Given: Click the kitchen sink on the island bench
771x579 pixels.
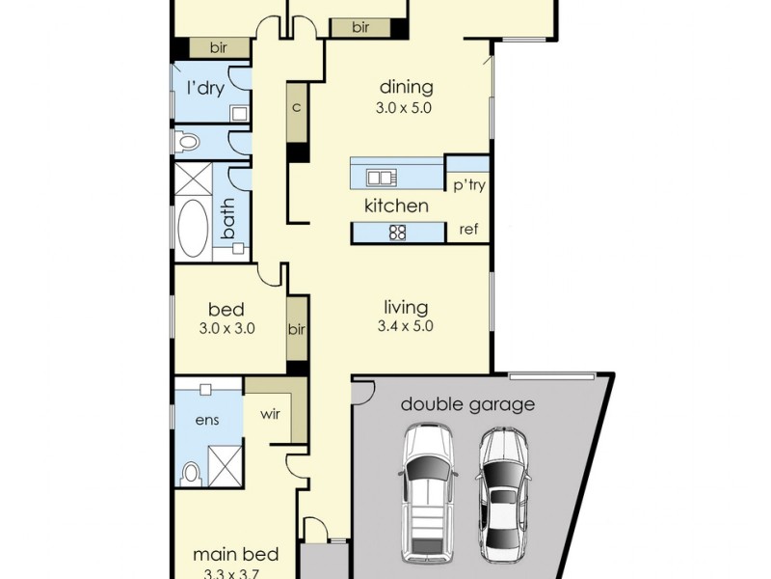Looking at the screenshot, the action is pyautogui.click(x=382, y=178).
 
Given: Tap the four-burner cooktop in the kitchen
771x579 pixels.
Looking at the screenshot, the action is pyautogui.click(x=397, y=233).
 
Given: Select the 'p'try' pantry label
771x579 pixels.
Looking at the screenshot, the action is pyautogui.click(x=469, y=185).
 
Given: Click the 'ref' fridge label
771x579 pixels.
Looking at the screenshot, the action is pyautogui.click(x=468, y=229).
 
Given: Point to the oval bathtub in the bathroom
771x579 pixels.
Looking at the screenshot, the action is pyautogui.click(x=193, y=229).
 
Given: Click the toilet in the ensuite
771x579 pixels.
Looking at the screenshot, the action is pyautogui.click(x=190, y=473).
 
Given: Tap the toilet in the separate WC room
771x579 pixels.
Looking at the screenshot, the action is pyautogui.click(x=187, y=142).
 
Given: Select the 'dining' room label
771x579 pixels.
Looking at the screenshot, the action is pyautogui.click(x=407, y=87).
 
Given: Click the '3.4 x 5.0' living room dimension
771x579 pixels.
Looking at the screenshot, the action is pyautogui.click(x=405, y=326).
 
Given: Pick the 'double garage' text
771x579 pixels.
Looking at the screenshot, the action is pyautogui.click(x=467, y=404).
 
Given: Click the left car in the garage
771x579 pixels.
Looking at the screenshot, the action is pyautogui.click(x=428, y=494).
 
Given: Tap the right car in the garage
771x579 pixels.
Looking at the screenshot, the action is pyautogui.click(x=503, y=494).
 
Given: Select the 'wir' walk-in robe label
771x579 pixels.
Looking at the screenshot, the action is pyautogui.click(x=271, y=414).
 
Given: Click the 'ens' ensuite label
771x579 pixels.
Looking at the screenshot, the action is pyautogui.click(x=207, y=420).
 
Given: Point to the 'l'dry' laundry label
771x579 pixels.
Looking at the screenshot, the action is pyautogui.click(x=206, y=88).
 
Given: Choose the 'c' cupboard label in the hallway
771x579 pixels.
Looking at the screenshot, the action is pyautogui.click(x=296, y=107).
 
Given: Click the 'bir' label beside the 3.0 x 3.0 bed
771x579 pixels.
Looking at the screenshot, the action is pyautogui.click(x=297, y=329).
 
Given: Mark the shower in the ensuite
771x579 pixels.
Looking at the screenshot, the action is pyautogui.click(x=226, y=466).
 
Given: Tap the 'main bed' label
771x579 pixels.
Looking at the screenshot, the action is pyautogui.click(x=235, y=554).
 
